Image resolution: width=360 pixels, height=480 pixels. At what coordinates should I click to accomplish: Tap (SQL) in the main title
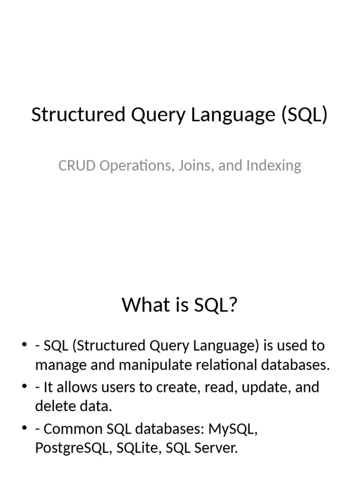tap(305, 115)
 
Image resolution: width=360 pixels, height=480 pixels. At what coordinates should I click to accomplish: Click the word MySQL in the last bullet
tap(232, 429)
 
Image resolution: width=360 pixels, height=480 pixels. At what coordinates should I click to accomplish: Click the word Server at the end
tap(217, 448)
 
